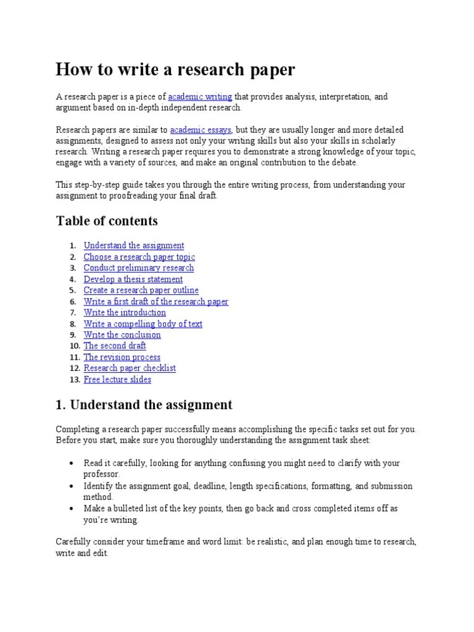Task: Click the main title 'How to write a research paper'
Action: point(175,70)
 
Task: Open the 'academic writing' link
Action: point(200,97)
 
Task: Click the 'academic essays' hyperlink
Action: point(201,130)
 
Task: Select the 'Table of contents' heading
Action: point(107,221)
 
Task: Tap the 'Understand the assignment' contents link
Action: point(134,246)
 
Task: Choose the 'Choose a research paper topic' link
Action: point(139,257)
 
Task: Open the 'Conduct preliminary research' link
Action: point(139,268)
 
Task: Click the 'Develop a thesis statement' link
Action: point(133,279)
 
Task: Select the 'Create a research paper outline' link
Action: point(141,290)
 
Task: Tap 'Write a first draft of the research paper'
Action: point(156,302)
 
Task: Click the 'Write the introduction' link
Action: point(125,313)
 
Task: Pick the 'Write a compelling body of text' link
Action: point(143,324)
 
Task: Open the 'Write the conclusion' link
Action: point(122,335)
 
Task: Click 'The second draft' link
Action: point(115,346)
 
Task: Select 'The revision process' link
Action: point(122,357)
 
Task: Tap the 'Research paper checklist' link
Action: point(130,368)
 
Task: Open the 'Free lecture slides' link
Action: point(117,380)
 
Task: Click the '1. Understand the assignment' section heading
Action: point(144,405)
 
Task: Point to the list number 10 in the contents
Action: point(72,346)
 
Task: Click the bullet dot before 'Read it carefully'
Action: point(72,463)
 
